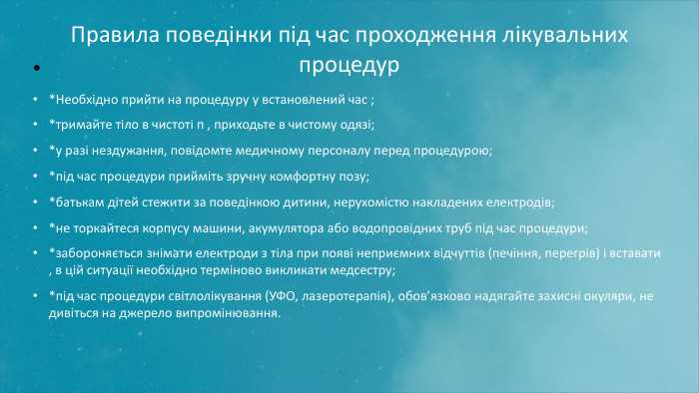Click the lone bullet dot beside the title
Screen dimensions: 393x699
pos(35,70)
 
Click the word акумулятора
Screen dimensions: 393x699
pos(288,227)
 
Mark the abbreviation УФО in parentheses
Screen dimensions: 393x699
pos(285,296)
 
